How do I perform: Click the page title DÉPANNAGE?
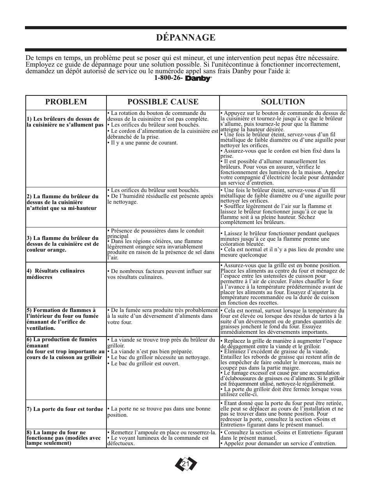pos(186,37)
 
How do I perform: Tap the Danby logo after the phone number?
pos(198,79)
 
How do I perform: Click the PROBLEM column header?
pos(66,102)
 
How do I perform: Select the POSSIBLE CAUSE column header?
pos(163,102)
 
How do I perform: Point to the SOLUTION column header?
pos(283,102)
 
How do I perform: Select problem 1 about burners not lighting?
pos(65,122)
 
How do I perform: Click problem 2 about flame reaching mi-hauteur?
pos(62,202)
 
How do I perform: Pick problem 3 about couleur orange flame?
pos(63,244)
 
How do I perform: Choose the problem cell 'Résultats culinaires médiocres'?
pos(55,274)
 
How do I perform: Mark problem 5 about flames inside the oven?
pos(62,319)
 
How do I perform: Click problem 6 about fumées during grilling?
pos(65,348)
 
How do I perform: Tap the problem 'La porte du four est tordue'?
pos(65,409)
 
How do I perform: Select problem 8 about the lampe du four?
pos(64,438)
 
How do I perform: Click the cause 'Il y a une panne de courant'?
pos(142,143)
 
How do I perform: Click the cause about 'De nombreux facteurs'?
pos(159,274)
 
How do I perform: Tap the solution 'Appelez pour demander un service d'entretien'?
pos(278,443)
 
